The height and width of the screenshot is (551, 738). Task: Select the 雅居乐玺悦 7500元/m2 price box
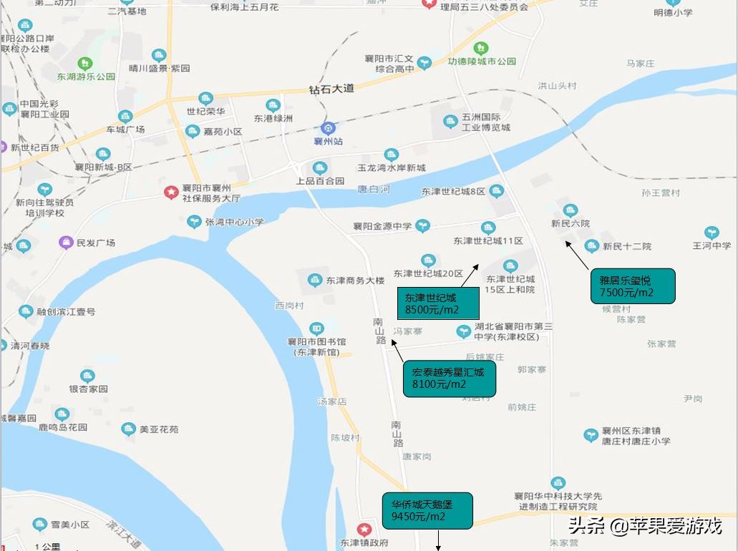(x=632, y=286)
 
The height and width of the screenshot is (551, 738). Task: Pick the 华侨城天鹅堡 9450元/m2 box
(x=427, y=510)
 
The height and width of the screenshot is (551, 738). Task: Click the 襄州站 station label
(x=329, y=141)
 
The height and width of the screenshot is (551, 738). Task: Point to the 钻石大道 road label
(x=331, y=89)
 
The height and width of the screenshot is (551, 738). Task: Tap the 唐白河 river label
(x=374, y=189)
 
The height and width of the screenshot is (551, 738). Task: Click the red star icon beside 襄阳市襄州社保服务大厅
(x=171, y=192)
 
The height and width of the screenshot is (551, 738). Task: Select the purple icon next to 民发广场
(x=66, y=243)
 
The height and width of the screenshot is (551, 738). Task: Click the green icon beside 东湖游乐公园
(x=85, y=64)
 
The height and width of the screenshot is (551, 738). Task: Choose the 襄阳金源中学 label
(x=382, y=226)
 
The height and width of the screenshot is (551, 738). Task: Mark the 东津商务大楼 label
(x=355, y=281)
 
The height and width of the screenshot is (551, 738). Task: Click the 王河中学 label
(x=712, y=245)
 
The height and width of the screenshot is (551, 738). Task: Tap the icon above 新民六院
(x=571, y=210)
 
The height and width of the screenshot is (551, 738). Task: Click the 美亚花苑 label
(x=159, y=429)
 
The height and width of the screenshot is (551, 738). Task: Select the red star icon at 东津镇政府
(x=364, y=530)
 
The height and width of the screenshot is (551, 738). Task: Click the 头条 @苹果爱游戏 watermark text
(x=644, y=526)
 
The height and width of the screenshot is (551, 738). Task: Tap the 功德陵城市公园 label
(x=482, y=62)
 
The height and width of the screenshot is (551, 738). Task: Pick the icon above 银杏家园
(x=87, y=376)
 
